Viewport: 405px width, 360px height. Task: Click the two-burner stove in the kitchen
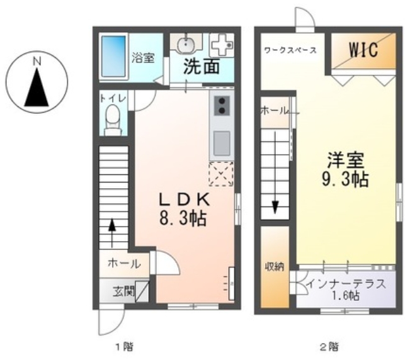tap(221, 106)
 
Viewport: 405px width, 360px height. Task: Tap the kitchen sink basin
tap(221, 144)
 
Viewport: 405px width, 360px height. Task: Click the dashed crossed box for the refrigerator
tap(221, 174)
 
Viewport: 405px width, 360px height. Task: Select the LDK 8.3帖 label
tap(183, 208)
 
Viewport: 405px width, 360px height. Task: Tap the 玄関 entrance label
tap(123, 291)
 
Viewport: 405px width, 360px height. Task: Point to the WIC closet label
tap(360, 51)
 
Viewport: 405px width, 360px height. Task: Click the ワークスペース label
tap(290, 50)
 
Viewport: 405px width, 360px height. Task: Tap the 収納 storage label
tap(275, 266)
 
